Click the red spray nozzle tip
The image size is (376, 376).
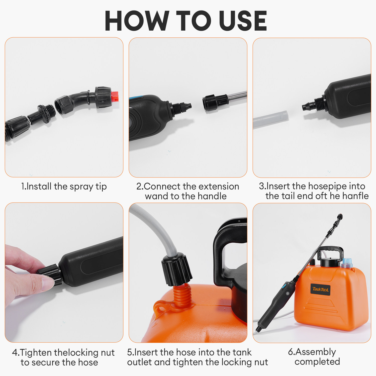click(x=115, y=97)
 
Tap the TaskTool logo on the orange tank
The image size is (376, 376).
click(x=320, y=289)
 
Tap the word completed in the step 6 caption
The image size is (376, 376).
click(x=317, y=362)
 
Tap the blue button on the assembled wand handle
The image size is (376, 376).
click(x=284, y=286)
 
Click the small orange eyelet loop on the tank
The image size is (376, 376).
click(x=160, y=307)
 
